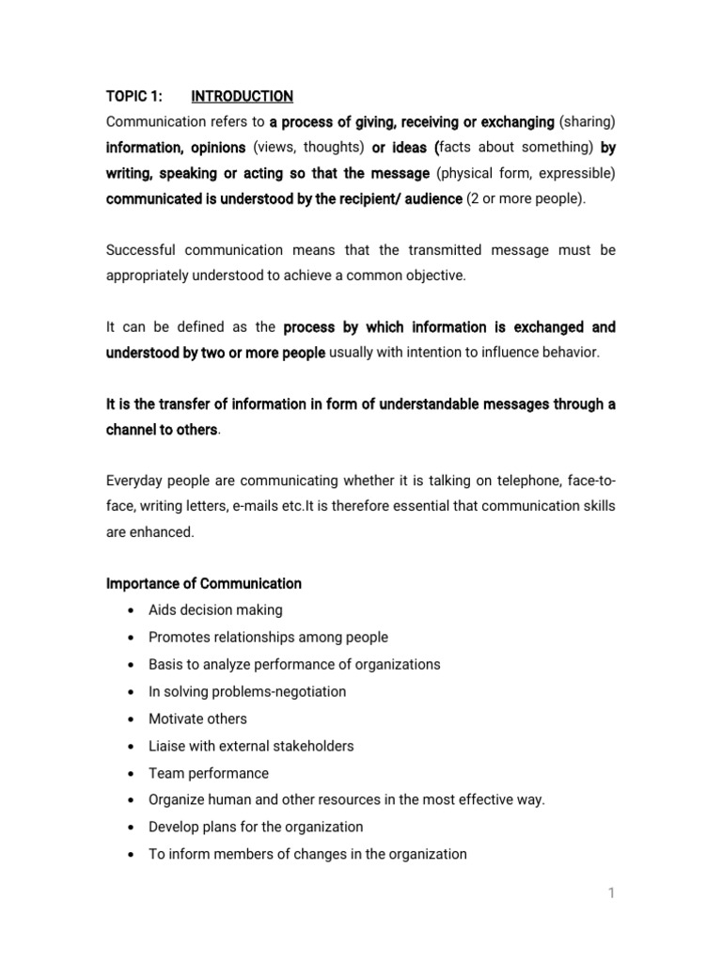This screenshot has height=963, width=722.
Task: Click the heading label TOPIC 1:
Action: [x=133, y=96]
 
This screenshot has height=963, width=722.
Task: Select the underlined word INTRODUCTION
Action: [x=242, y=96]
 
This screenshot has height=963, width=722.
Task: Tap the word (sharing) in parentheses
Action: [x=588, y=122]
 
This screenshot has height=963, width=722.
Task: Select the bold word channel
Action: [x=132, y=430]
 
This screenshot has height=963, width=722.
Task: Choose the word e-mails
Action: [x=258, y=507]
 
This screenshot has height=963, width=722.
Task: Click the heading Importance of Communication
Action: [x=203, y=583]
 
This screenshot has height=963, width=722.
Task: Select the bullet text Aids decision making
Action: [x=215, y=610]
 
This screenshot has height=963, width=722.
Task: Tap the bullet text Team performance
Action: [x=208, y=773]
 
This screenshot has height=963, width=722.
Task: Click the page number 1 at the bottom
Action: [x=611, y=893]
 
